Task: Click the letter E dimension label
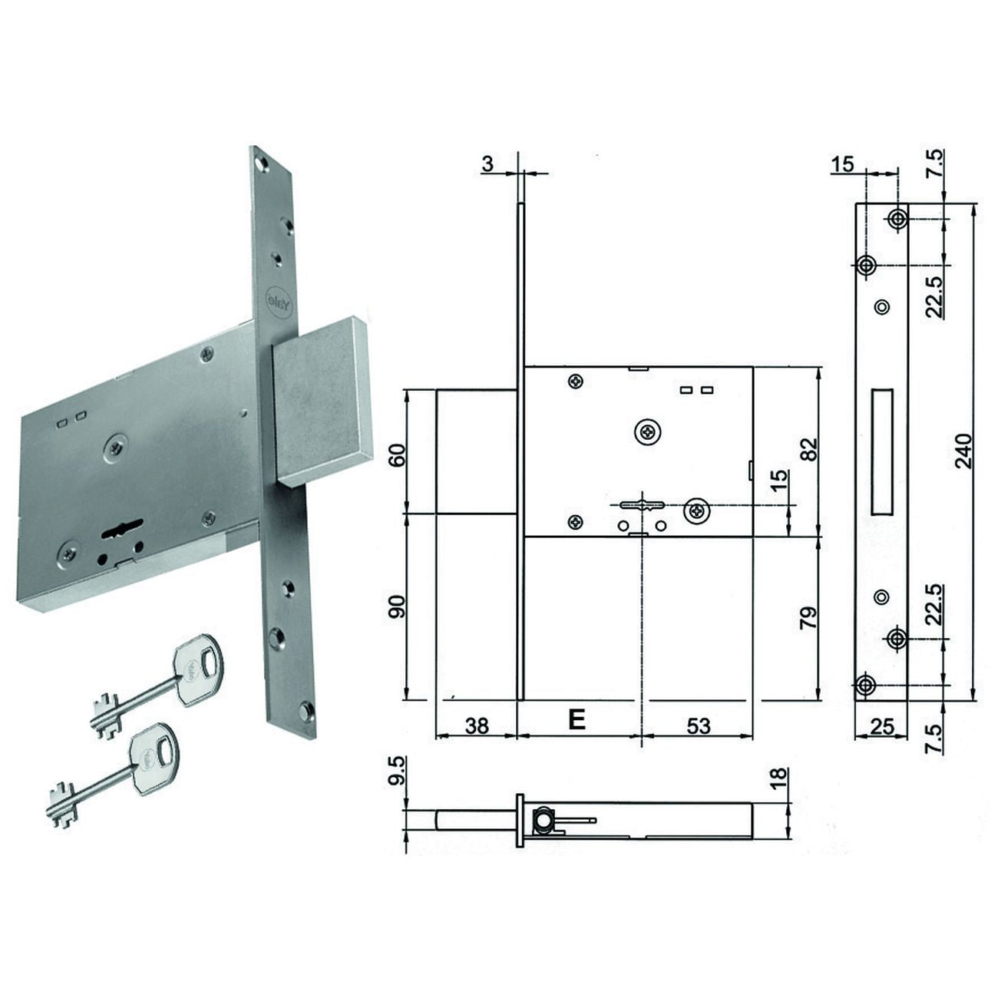point(577,719)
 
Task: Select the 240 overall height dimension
point(964,451)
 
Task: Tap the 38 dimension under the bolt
point(477,725)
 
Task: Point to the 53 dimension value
point(698,725)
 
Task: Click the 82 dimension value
point(809,449)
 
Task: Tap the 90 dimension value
point(397,606)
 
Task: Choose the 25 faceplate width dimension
point(882,725)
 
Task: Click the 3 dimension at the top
point(487,164)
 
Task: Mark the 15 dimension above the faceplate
point(842,164)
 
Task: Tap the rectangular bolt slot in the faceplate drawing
point(882,451)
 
